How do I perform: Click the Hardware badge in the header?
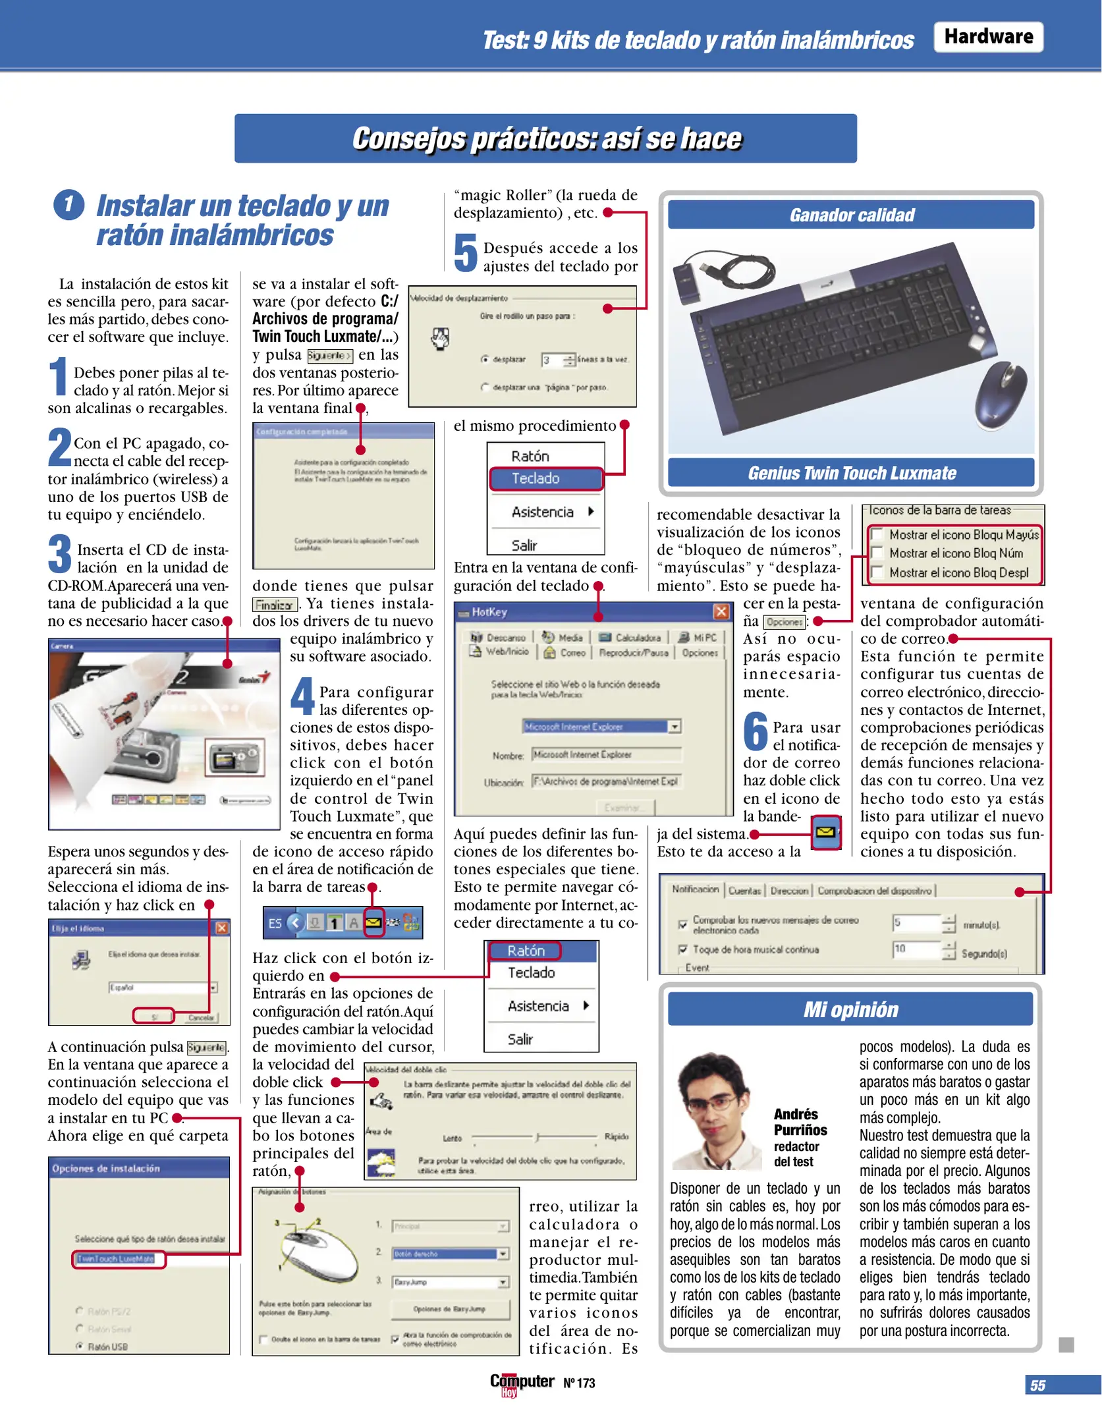[987, 37]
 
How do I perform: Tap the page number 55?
[1037, 1385]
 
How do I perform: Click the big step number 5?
[466, 253]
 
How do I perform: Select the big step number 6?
[756, 731]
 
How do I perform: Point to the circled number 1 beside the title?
[69, 205]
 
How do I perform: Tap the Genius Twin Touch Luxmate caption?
[851, 473]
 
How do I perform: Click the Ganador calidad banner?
[851, 215]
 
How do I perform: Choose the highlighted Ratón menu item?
[525, 951]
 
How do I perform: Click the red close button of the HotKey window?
[721, 611]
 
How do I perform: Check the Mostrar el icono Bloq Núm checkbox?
[877, 553]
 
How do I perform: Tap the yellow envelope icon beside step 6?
[825, 832]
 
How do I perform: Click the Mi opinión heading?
[850, 1010]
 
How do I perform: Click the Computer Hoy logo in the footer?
[522, 1383]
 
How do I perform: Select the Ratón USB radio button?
[80, 1346]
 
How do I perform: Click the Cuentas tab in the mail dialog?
[744, 891]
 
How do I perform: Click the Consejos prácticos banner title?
[546, 139]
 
